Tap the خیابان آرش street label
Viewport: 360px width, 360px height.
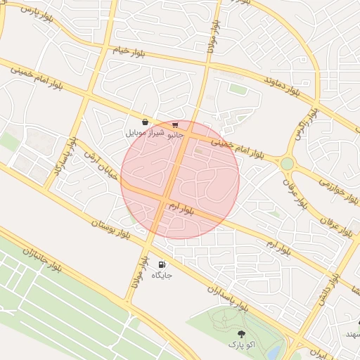(99, 162)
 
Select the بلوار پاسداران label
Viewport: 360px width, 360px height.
(228, 296)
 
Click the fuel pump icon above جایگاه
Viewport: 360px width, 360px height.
(162, 265)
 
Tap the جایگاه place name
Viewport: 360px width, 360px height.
(162, 275)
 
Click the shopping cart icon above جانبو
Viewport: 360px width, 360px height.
(175, 124)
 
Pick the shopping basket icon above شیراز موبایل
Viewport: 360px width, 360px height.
(145, 122)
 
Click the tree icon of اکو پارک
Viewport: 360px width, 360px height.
(241, 335)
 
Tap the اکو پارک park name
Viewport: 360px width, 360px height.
(241, 345)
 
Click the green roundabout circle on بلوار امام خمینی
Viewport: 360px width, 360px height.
(287, 163)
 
